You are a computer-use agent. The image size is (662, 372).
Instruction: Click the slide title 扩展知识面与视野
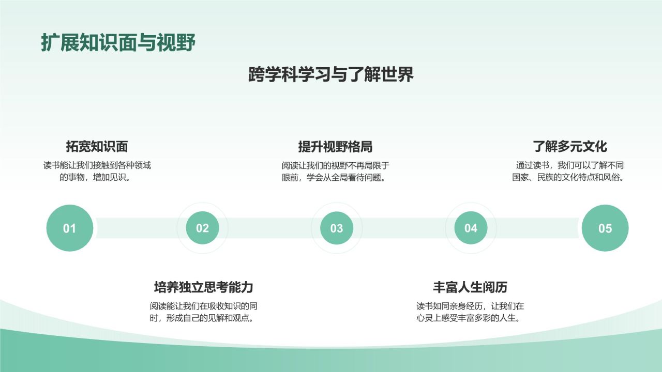(x=118, y=43)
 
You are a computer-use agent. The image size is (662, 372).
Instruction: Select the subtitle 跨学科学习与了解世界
(x=331, y=75)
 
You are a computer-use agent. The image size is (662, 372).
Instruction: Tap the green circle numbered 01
(x=70, y=228)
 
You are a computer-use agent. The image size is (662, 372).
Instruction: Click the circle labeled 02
(x=202, y=228)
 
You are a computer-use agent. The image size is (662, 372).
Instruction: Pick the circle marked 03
(x=337, y=228)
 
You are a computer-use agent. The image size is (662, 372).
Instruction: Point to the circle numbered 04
(x=471, y=228)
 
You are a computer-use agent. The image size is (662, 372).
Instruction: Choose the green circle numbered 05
(x=605, y=228)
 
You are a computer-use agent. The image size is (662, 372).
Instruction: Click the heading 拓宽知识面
(x=97, y=146)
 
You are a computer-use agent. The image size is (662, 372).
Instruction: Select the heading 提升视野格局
(x=335, y=146)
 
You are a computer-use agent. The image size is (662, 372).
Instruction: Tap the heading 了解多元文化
(x=570, y=146)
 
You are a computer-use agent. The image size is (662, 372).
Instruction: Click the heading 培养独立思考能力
(x=204, y=287)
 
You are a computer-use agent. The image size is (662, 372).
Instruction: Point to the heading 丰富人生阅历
(x=470, y=287)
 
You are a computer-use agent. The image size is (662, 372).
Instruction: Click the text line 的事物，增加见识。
(x=97, y=178)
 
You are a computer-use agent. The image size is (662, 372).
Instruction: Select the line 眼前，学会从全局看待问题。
(x=335, y=178)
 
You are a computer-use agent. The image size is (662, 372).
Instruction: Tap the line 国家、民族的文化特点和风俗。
(x=568, y=178)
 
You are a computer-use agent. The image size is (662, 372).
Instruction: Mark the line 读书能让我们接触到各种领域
(x=97, y=166)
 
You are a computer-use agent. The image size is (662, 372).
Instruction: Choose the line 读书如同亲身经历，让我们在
(x=470, y=306)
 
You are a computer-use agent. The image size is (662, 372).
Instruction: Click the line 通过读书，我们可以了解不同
(x=570, y=166)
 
